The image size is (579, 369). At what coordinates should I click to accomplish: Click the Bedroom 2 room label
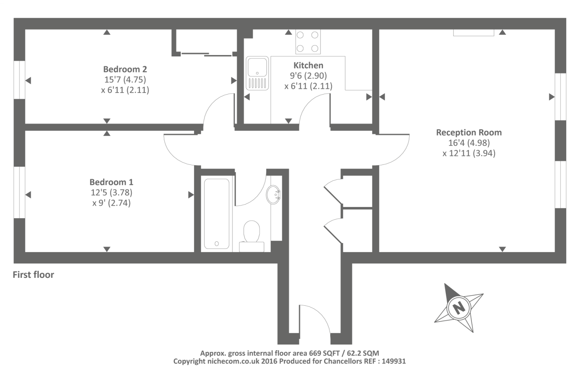coord(125,69)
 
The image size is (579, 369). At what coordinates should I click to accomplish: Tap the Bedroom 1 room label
coord(111,182)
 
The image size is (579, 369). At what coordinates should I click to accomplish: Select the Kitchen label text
coord(308,65)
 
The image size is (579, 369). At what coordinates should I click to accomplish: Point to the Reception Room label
coord(469,132)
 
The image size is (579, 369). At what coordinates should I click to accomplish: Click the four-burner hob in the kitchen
coord(308,42)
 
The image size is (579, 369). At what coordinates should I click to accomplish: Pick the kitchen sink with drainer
coord(257,73)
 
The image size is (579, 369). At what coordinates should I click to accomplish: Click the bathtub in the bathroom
coord(216,213)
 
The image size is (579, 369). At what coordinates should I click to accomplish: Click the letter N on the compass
coord(459,308)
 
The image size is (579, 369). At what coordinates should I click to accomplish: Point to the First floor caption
coord(33,275)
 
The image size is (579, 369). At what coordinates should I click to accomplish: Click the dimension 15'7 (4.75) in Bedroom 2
coord(125,79)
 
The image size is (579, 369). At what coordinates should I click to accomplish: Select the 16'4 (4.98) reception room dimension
coord(469,143)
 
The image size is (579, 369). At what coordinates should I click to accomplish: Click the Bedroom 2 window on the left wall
coord(19,80)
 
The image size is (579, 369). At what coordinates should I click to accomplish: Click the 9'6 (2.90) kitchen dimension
coord(308,76)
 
